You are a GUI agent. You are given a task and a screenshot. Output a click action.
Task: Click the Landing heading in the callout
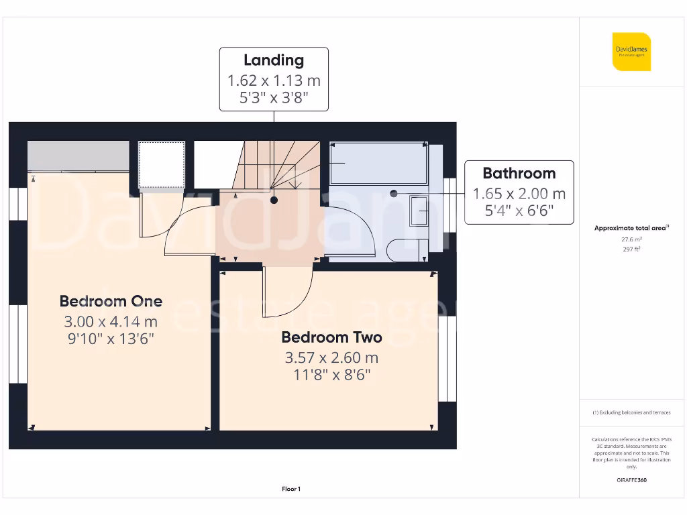[273, 60]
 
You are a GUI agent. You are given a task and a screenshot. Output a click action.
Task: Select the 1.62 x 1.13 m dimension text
[274, 80]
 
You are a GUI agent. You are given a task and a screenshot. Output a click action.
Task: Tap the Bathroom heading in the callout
[519, 173]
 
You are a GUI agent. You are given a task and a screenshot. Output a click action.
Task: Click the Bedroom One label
[111, 300]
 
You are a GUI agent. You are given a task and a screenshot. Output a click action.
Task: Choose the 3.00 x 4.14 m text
[111, 321]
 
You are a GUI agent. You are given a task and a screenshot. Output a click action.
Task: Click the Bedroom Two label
[331, 337]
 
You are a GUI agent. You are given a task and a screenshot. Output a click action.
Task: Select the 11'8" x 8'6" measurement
[331, 374]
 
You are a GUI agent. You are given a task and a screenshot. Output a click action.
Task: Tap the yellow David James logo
[631, 52]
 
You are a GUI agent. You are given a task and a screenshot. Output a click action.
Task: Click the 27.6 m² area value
[631, 239]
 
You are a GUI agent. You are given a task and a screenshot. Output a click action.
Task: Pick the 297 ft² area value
[631, 249]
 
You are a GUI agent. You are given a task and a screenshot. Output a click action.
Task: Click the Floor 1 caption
[290, 489]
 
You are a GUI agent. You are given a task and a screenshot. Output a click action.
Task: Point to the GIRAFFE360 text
[631, 480]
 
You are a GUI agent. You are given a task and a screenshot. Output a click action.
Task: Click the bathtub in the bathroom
[378, 163]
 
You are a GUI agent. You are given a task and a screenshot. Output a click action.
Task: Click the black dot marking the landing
[274, 200]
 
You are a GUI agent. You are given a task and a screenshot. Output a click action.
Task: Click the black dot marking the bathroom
[394, 193]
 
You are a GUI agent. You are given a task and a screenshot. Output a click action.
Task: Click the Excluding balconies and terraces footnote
[631, 412]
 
